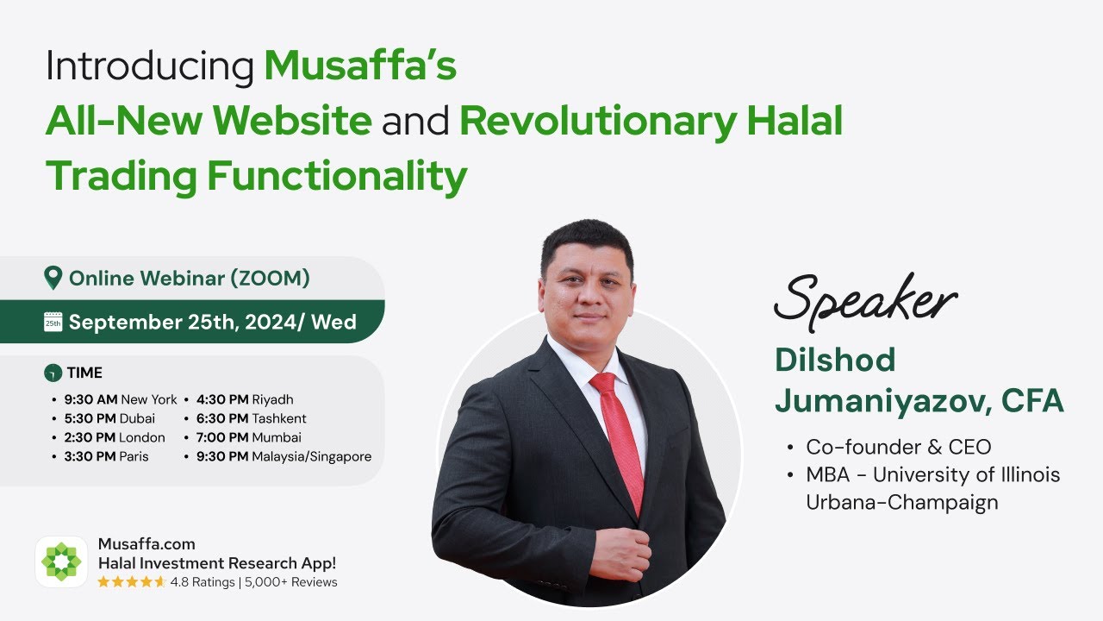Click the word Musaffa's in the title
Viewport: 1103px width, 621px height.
(360, 66)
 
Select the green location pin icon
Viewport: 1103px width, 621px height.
(53, 278)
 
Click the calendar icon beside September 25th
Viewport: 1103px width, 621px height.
(53, 323)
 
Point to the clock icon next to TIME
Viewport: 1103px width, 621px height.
(53, 373)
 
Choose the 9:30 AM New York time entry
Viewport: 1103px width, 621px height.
(121, 399)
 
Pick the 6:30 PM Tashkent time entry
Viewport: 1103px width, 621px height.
(252, 418)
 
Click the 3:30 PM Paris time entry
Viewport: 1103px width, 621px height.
(106, 456)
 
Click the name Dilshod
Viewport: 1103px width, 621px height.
(834, 361)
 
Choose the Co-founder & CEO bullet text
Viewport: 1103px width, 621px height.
(899, 447)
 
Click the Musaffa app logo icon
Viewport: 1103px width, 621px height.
(61, 562)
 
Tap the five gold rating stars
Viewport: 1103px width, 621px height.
(131, 582)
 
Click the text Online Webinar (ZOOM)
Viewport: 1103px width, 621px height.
(190, 278)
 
